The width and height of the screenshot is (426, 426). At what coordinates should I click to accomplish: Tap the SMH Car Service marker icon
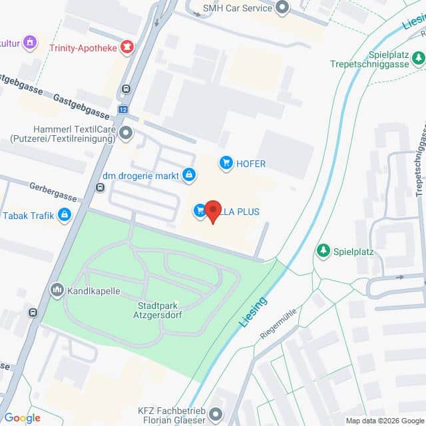coord(282,8)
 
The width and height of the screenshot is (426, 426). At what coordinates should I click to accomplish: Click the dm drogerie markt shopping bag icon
coord(189,175)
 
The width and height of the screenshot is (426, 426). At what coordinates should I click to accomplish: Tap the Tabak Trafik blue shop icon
coord(65,215)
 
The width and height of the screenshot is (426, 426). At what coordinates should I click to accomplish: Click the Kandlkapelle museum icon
coord(57,290)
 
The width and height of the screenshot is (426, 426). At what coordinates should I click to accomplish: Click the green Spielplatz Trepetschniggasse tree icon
coord(418,59)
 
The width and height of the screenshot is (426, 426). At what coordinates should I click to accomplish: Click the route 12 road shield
coord(122,109)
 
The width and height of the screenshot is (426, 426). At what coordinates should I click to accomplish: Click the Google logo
coord(23,417)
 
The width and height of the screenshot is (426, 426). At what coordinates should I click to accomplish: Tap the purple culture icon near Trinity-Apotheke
coord(30,43)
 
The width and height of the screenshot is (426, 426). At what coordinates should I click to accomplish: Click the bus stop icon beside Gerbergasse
coord(100,187)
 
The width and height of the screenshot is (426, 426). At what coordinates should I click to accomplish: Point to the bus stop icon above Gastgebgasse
coord(126,89)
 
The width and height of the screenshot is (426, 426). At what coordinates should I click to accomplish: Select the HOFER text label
coord(252,164)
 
